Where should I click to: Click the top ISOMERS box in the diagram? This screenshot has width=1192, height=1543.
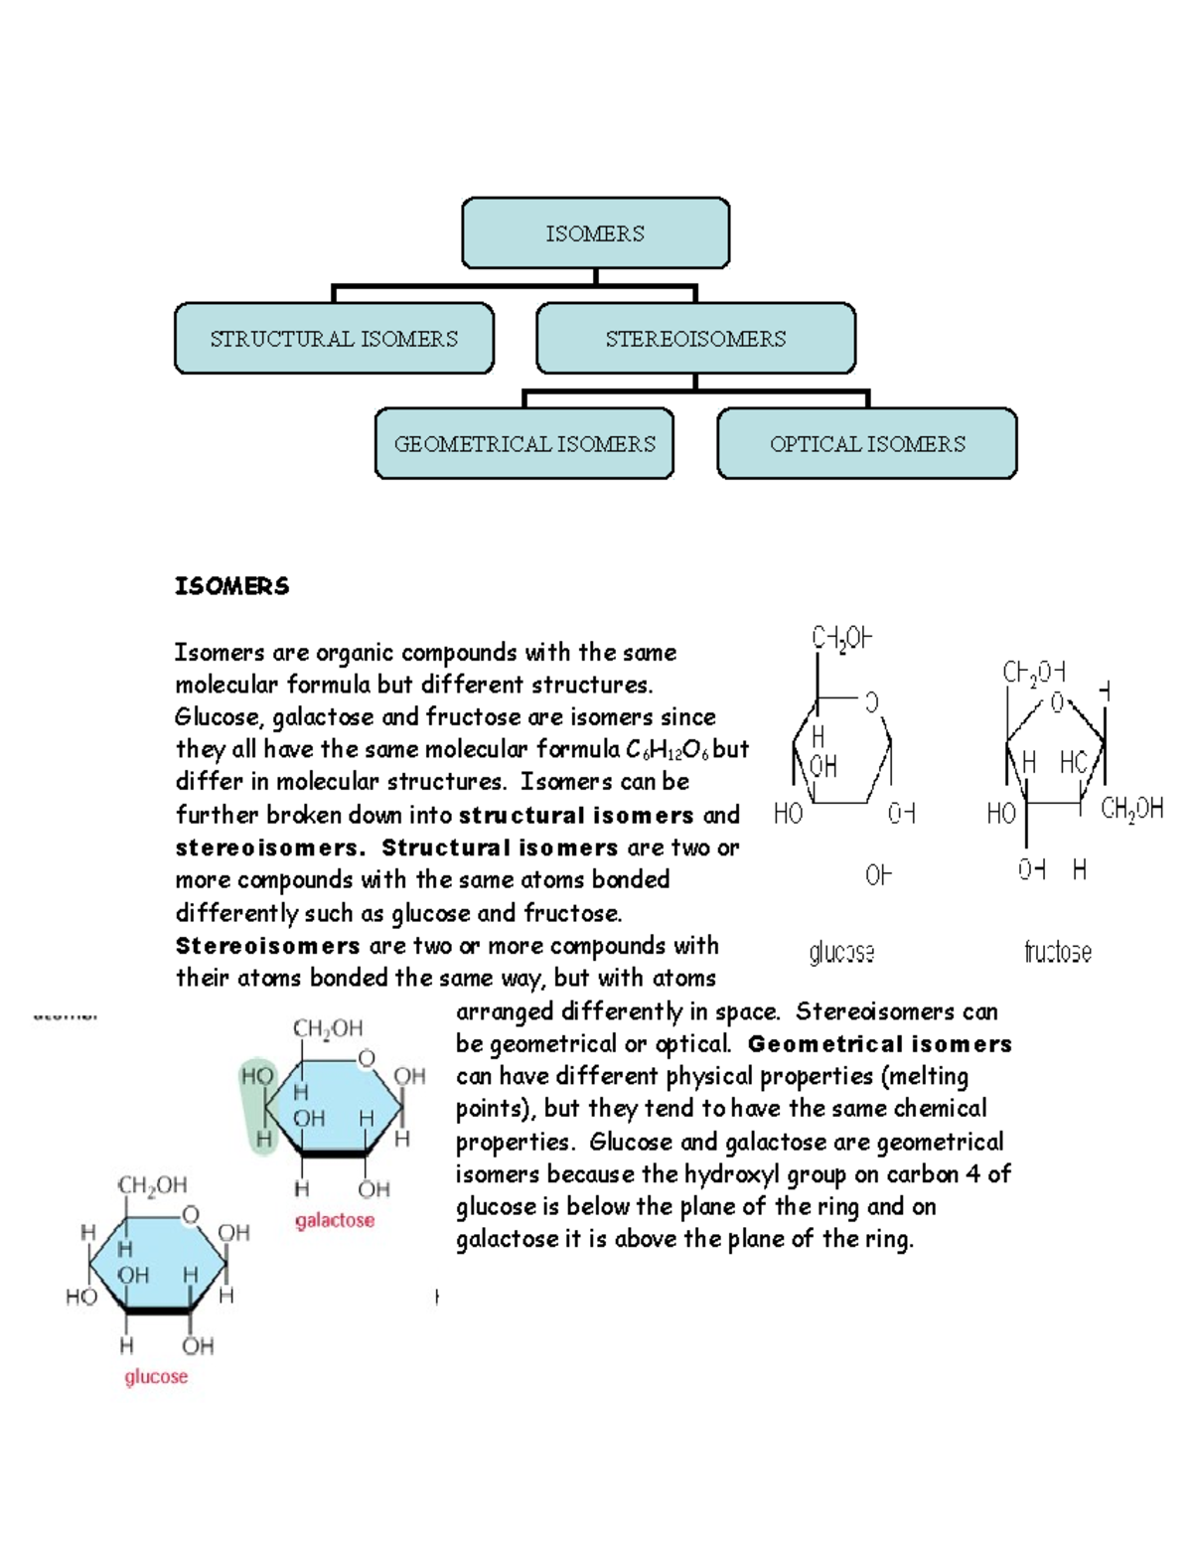click(x=595, y=233)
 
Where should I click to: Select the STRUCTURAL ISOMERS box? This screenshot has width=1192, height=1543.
click(x=334, y=339)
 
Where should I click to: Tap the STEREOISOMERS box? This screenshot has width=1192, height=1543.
click(x=695, y=339)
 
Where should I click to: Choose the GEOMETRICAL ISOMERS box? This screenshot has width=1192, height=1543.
click(x=524, y=444)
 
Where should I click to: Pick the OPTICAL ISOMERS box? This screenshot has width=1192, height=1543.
click(x=867, y=444)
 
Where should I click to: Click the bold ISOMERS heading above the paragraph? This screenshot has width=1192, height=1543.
click(x=231, y=586)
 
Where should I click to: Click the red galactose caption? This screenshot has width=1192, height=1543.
click(x=335, y=1220)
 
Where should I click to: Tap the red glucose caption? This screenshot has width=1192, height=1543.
click(x=156, y=1376)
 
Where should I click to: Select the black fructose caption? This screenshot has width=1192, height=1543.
click(x=1058, y=953)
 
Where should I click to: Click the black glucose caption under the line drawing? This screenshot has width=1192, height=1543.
click(x=841, y=953)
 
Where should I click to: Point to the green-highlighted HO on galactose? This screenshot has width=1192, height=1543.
click(x=257, y=1076)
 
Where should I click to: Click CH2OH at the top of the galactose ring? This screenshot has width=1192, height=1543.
click(x=328, y=1028)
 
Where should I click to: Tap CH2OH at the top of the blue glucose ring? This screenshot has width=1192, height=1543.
click(x=152, y=1185)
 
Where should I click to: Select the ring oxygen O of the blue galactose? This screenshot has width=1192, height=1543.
click(x=367, y=1058)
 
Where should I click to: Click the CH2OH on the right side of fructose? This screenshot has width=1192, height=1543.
click(x=1131, y=810)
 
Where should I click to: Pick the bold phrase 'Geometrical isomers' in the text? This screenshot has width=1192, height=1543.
click(x=879, y=1044)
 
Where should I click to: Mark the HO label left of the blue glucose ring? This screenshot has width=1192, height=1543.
click(x=81, y=1297)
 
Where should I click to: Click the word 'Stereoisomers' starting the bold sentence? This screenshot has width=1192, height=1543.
click(x=268, y=946)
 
